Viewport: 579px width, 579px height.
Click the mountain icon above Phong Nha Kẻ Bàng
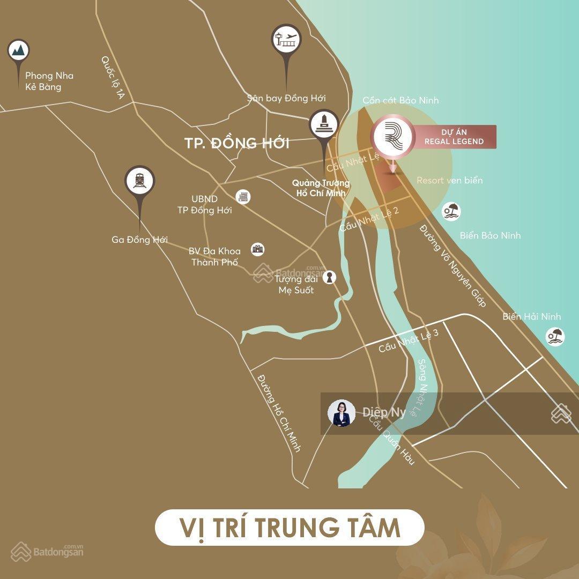pos(19,51)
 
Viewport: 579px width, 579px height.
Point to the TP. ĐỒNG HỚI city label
pos(236,143)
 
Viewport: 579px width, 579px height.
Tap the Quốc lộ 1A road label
pos(113,78)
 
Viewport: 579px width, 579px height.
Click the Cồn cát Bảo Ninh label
pos(400,100)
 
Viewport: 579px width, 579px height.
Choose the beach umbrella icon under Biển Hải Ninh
pos(555,336)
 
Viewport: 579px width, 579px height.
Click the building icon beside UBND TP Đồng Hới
pos(243,197)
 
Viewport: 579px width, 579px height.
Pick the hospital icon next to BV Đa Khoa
pos(258,249)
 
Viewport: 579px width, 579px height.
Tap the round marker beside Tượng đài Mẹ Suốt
pos(329,277)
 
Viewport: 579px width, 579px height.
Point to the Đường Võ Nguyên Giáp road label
pos(452,266)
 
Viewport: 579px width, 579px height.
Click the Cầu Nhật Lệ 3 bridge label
pos(409,340)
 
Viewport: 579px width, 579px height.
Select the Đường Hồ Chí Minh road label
pos(279,413)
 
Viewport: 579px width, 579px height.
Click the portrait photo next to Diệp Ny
pos(342,413)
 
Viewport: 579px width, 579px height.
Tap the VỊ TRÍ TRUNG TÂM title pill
pos(289,527)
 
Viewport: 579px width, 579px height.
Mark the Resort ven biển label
pos(449,180)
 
